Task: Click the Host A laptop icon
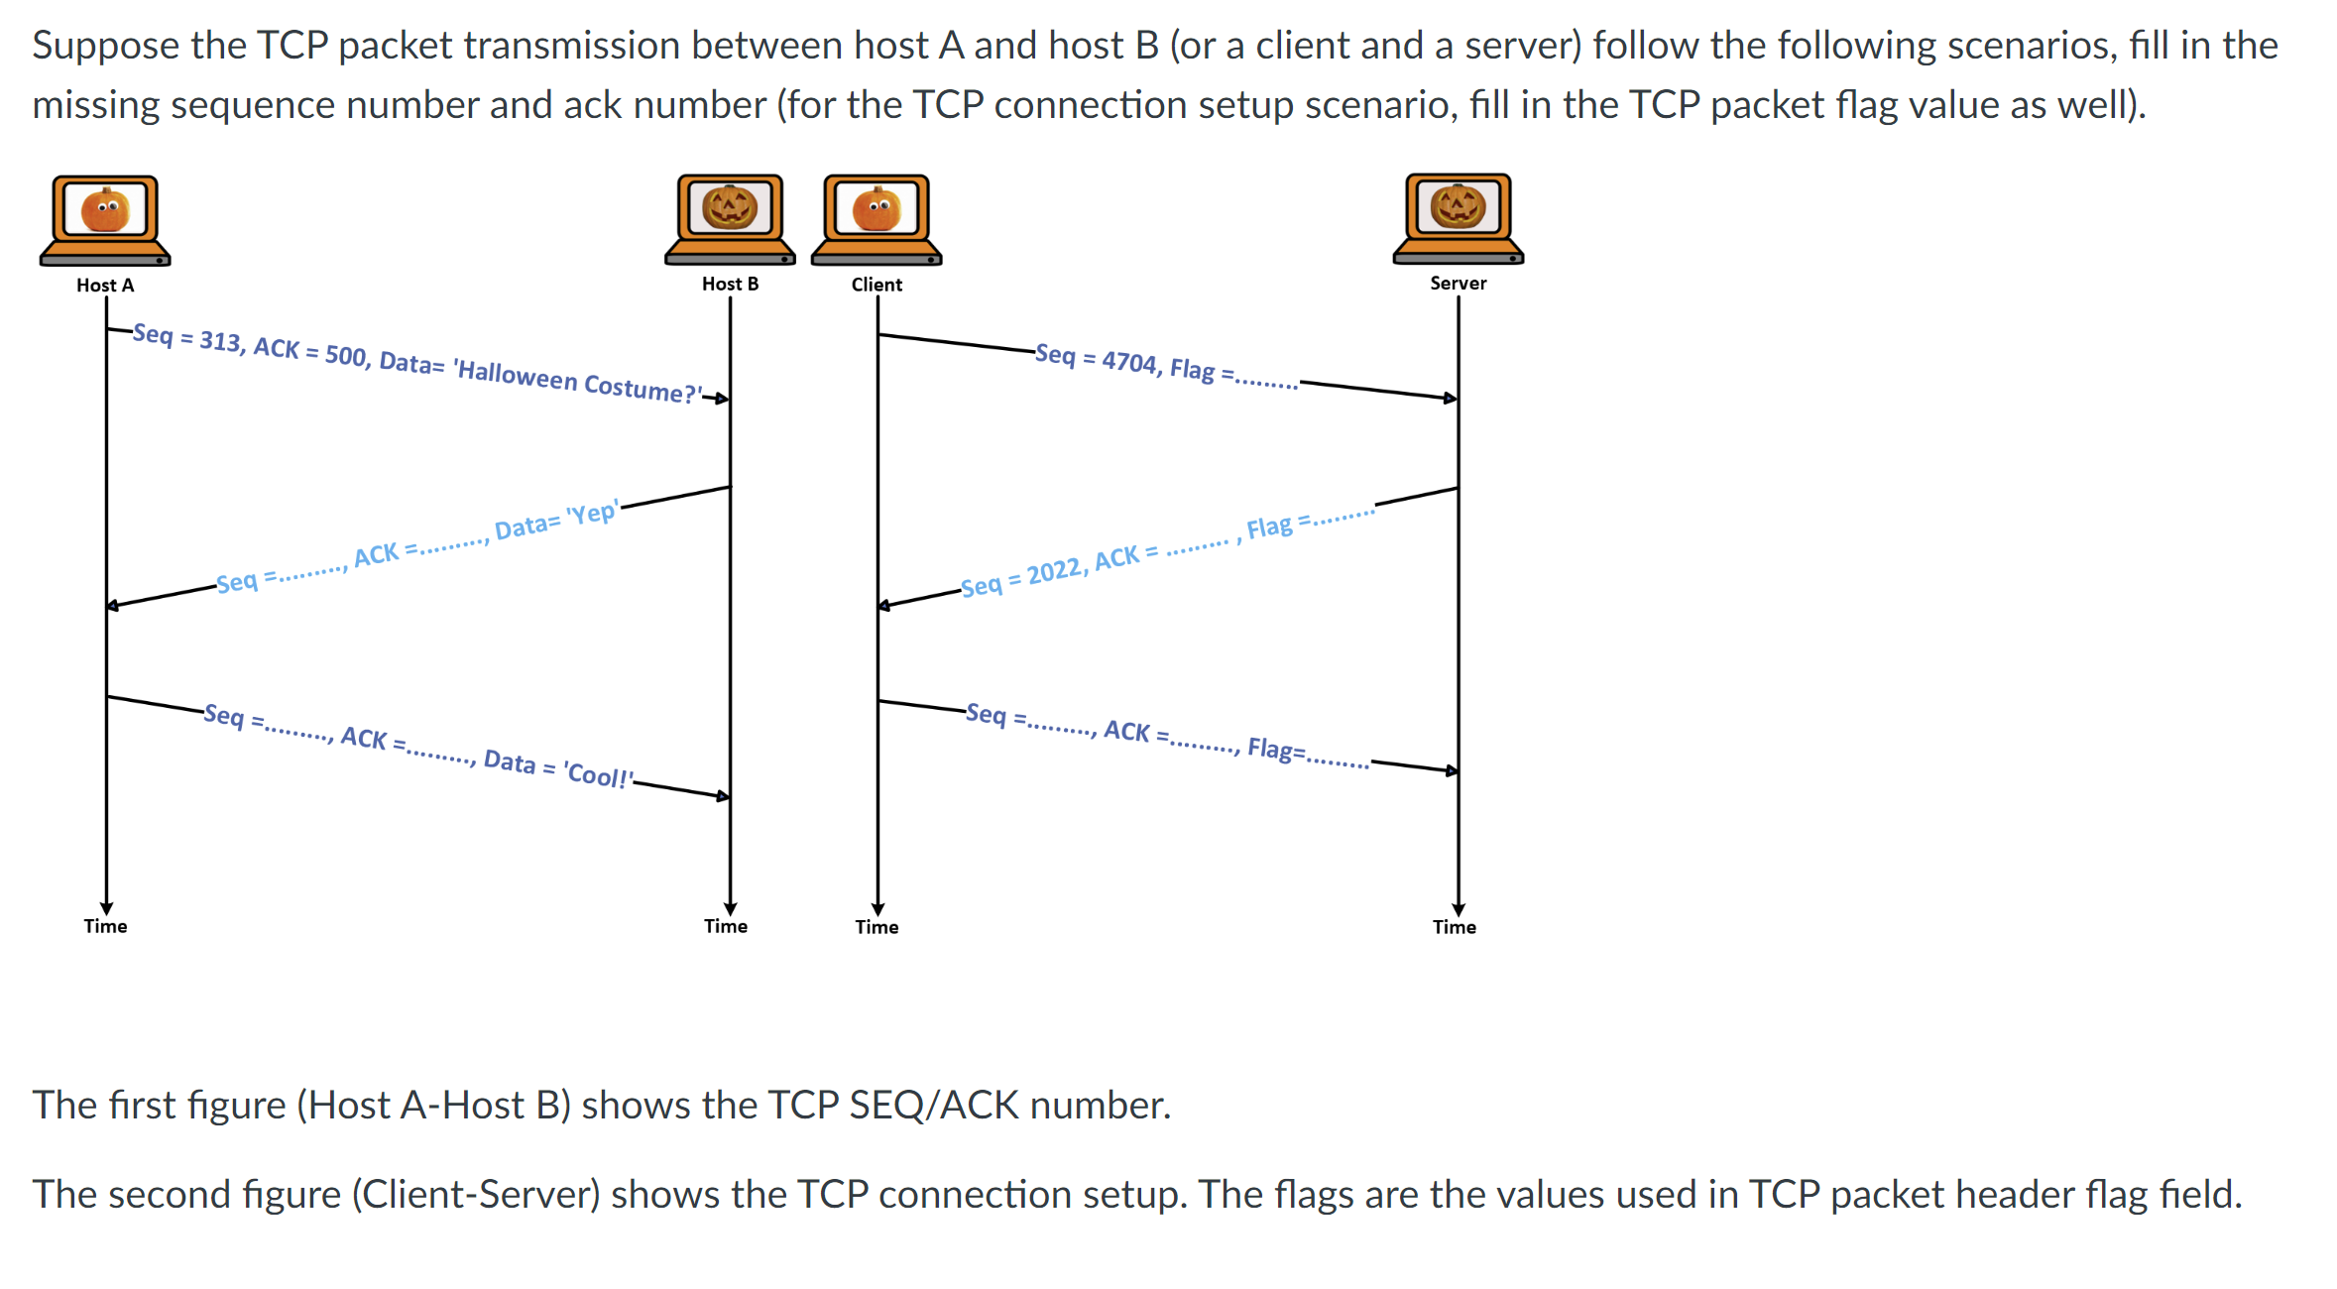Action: (x=105, y=220)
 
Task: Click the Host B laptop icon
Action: (x=730, y=219)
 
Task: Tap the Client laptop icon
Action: (x=876, y=219)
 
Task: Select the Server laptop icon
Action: (x=1458, y=218)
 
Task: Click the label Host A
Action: (x=105, y=286)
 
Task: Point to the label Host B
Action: (x=730, y=285)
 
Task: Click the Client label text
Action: (x=876, y=285)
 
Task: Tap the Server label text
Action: (x=1458, y=284)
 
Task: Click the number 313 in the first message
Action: (x=220, y=342)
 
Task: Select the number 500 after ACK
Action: (x=345, y=355)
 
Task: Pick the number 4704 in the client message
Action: (x=1129, y=362)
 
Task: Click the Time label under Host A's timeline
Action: (x=105, y=927)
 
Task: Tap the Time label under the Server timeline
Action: (x=1454, y=928)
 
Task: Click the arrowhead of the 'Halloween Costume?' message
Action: (x=723, y=399)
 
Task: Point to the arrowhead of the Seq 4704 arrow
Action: (x=1451, y=399)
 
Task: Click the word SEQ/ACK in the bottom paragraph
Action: (x=934, y=1106)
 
